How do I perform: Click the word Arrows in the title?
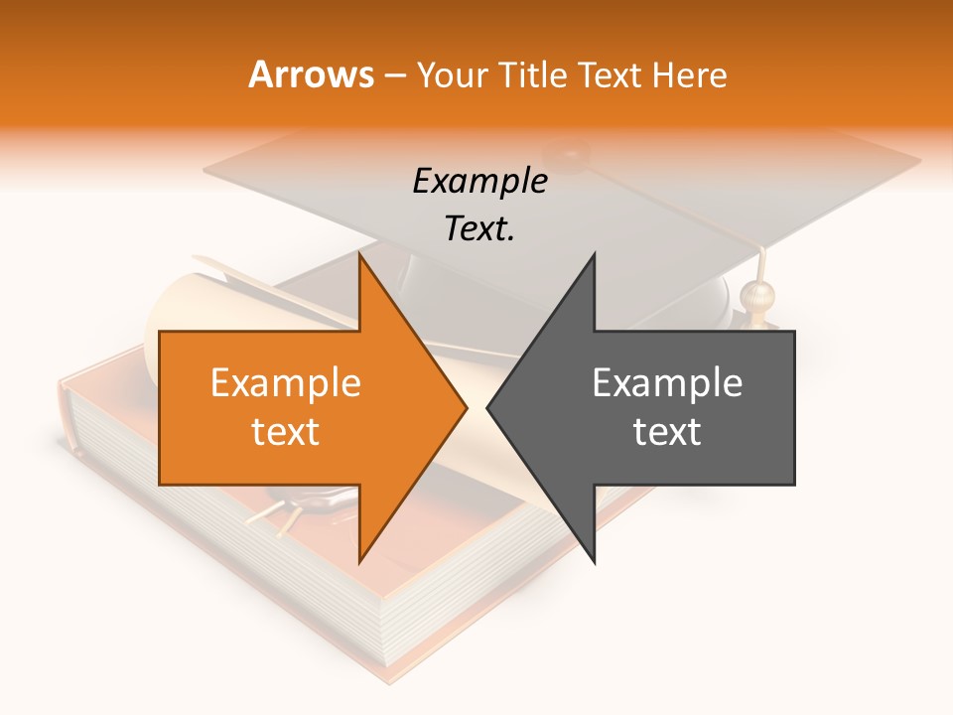click(311, 74)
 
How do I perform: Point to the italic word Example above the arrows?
click(479, 182)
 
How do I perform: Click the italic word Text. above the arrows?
click(479, 229)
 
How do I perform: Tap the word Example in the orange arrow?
click(285, 383)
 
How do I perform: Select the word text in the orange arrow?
click(285, 432)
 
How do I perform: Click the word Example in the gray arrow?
click(667, 383)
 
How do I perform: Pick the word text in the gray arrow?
click(667, 432)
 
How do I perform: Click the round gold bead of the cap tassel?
click(755, 295)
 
